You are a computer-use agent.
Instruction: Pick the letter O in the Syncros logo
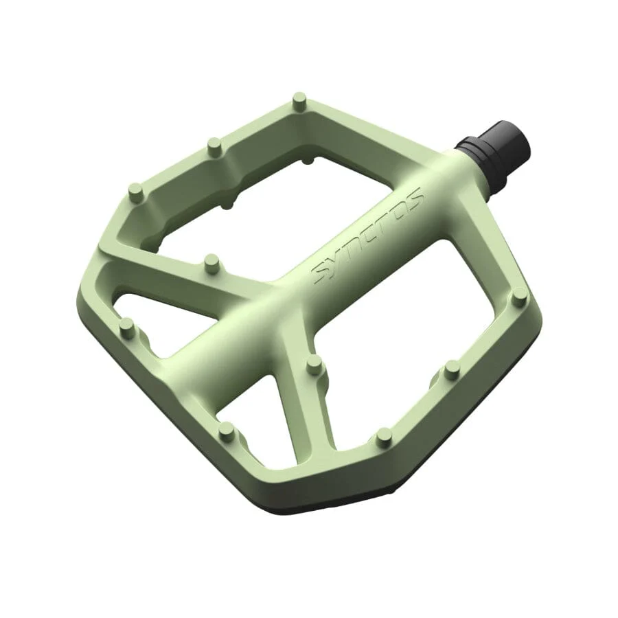pos(400,209)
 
